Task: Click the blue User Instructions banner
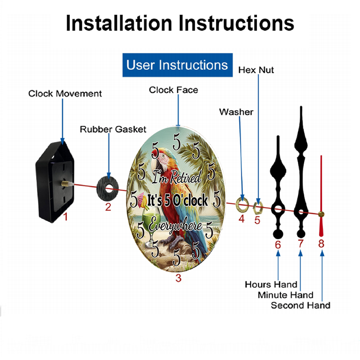tap(177, 65)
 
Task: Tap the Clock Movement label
tap(65, 94)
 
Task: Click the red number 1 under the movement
tap(65, 217)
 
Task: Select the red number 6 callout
tap(278, 245)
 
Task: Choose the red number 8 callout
tap(321, 244)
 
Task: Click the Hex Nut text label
tap(256, 70)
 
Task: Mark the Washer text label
tap(236, 112)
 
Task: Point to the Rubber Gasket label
tap(113, 129)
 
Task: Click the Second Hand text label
tap(301, 305)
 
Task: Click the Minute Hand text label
tap(285, 295)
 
